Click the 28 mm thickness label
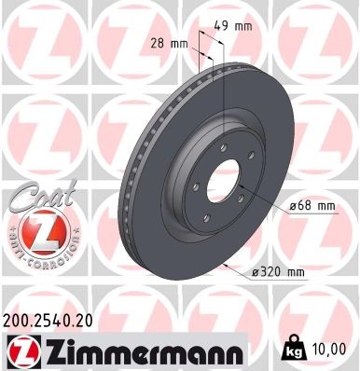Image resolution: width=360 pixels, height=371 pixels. pyautogui.click(x=169, y=43)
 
